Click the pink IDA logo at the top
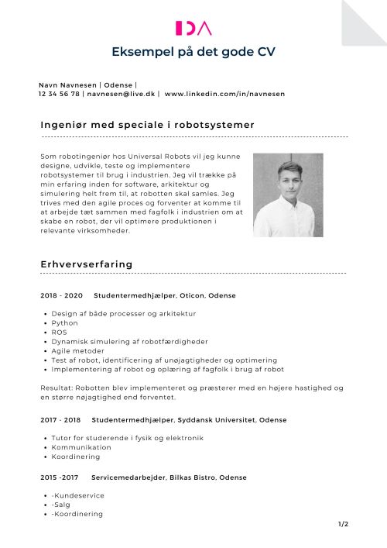tap(193, 29)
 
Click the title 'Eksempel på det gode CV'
tap(193, 52)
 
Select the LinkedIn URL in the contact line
tap(224, 93)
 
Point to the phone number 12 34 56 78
tap(59, 93)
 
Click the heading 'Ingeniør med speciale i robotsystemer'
tap(147, 125)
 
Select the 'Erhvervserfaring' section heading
tap(86, 264)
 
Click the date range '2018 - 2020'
tap(61, 296)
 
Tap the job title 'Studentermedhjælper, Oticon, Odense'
tap(164, 296)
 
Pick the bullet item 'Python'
tap(65, 323)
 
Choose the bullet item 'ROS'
tap(59, 333)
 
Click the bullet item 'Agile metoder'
tap(78, 351)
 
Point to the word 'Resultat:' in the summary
tap(56, 388)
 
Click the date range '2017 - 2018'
tap(60, 419)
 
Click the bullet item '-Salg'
tap(60, 505)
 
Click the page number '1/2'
tap(344, 525)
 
